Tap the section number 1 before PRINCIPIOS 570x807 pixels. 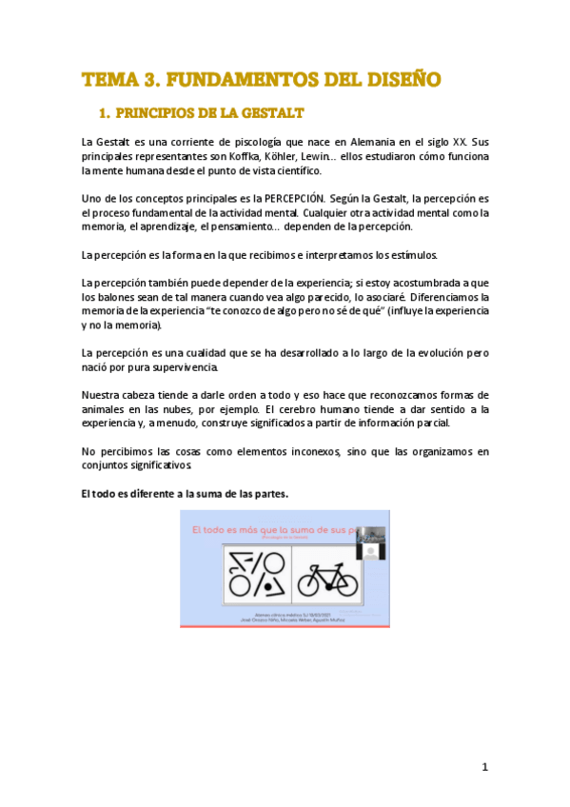(x=104, y=114)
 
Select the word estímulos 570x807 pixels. (x=410, y=255)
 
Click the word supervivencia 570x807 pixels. (x=187, y=366)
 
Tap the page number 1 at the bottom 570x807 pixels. (x=484, y=767)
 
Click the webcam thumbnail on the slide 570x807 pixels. (x=370, y=541)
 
